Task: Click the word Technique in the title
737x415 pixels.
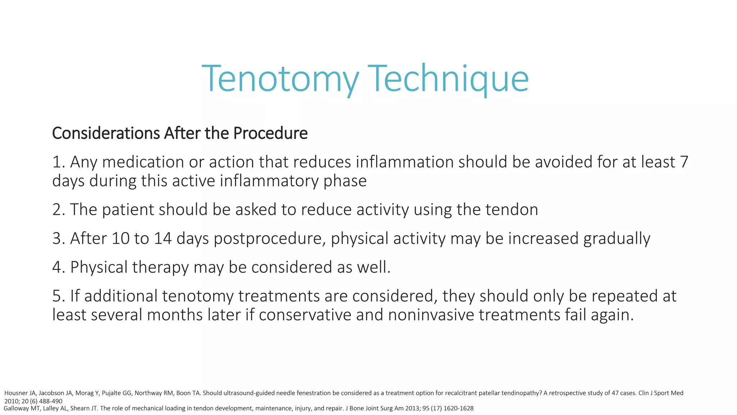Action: click(x=448, y=79)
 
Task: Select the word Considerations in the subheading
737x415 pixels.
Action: click(x=106, y=133)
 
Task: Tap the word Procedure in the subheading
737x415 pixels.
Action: click(x=270, y=133)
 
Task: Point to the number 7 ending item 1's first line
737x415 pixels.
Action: click(x=684, y=162)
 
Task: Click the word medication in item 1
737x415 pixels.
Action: click(x=143, y=162)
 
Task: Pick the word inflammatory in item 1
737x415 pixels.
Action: click(x=269, y=181)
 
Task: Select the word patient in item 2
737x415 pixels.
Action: click(x=128, y=210)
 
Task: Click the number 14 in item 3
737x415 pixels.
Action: click(x=163, y=238)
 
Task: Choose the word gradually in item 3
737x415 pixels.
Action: click(x=616, y=238)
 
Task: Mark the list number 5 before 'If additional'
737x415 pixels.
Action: click(x=57, y=296)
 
